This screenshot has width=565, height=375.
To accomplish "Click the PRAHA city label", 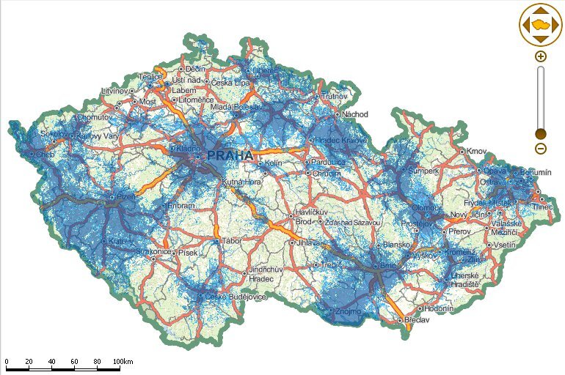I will (230, 156).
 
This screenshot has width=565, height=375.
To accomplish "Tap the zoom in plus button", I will (541, 56).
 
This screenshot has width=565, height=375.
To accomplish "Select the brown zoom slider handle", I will (541, 133).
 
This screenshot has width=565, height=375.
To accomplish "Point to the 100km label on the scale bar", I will (123, 362).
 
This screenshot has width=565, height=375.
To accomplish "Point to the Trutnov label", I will (334, 97).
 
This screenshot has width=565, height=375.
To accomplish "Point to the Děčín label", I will (194, 69).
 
